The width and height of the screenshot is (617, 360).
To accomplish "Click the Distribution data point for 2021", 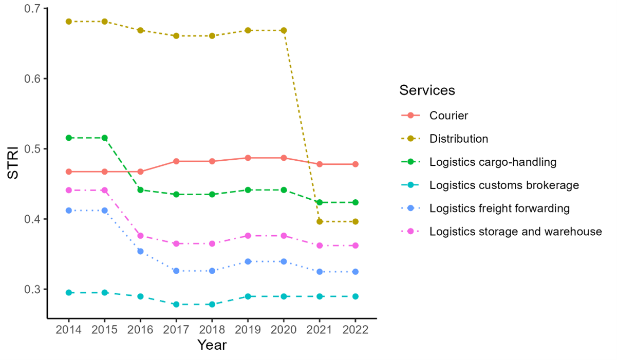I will click(x=320, y=221).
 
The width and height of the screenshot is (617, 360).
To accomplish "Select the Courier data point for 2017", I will click(x=176, y=161).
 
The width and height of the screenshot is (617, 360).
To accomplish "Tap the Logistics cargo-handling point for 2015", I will click(x=104, y=138).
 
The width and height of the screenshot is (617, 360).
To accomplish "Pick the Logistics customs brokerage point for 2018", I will click(x=212, y=305).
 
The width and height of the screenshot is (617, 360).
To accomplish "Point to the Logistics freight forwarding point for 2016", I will click(x=140, y=251).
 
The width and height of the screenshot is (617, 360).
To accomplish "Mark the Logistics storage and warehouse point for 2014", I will click(x=68, y=190).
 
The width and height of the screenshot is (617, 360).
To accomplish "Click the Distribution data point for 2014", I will click(x=68, y=22).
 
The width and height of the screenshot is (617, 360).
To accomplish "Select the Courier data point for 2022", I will click(x=356, y=164).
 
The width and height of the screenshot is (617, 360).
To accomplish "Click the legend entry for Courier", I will click(x=448, y=116).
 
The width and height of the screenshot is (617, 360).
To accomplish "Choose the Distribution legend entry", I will click(x=458, y=139).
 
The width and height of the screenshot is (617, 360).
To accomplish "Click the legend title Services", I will click(x=427, y=90).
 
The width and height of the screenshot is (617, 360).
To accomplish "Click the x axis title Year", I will click(x=212, y=345).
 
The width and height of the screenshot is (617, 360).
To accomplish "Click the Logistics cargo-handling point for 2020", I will click(x=284, y=190).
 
